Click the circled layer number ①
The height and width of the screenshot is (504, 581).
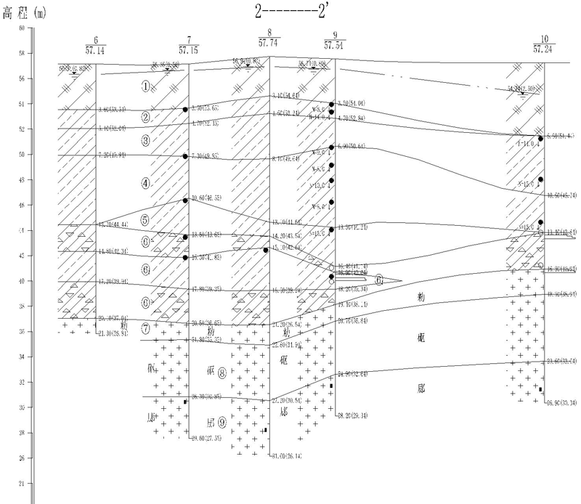pos(146,86)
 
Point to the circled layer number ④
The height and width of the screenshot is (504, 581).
pos(146,184)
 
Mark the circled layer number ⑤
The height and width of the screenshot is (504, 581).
pos(146,219)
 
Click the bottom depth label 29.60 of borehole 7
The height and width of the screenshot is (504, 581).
pos(206,439)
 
